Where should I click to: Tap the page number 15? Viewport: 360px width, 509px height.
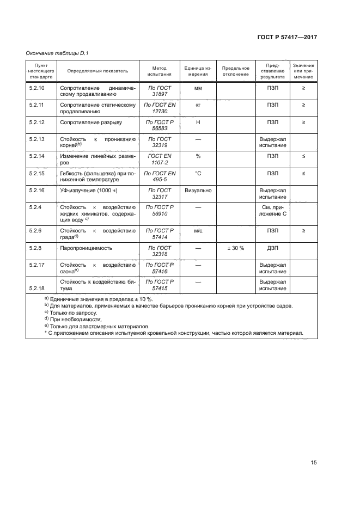313,463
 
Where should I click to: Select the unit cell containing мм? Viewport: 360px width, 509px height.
198,87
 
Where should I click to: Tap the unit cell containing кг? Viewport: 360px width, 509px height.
198,104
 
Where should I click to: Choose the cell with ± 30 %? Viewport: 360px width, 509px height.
235,248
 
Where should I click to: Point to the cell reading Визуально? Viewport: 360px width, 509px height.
198,191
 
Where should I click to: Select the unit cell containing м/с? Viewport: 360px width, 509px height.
198,230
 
